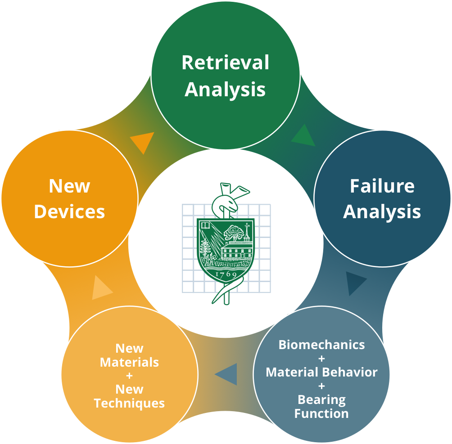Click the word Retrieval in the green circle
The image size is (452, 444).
coord(225,63)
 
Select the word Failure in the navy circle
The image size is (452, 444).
coord(382,186)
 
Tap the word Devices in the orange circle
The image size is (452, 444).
coord(69,211)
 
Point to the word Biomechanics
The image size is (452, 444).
coord(321,345)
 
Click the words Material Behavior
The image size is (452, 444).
coord(321,372)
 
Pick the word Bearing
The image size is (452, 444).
coord(321,399)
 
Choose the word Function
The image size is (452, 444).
coord(321,413)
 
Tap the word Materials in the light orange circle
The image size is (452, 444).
coord(129,362)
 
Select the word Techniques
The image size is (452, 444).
coord(129,403)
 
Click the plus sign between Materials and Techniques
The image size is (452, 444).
coord(129,376)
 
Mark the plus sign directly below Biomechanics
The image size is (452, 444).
coord(321,359)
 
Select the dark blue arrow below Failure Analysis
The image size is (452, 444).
coord(356,283)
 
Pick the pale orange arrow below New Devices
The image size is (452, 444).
coord(101,289)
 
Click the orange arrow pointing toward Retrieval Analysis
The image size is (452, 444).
coord(143,141)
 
